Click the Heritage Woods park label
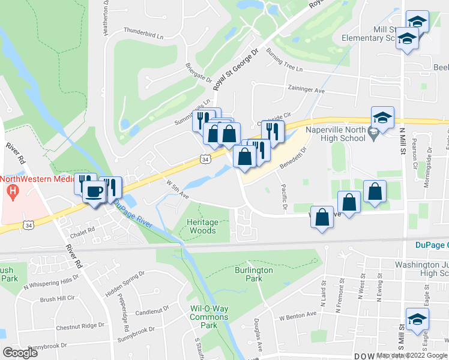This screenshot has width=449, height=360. click(202, 226)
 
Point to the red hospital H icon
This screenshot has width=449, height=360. click(11, 192)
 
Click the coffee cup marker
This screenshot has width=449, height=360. click(94, 192)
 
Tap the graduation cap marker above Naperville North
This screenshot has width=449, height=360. click(382, 118)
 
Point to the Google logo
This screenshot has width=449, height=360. click(19, 353)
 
